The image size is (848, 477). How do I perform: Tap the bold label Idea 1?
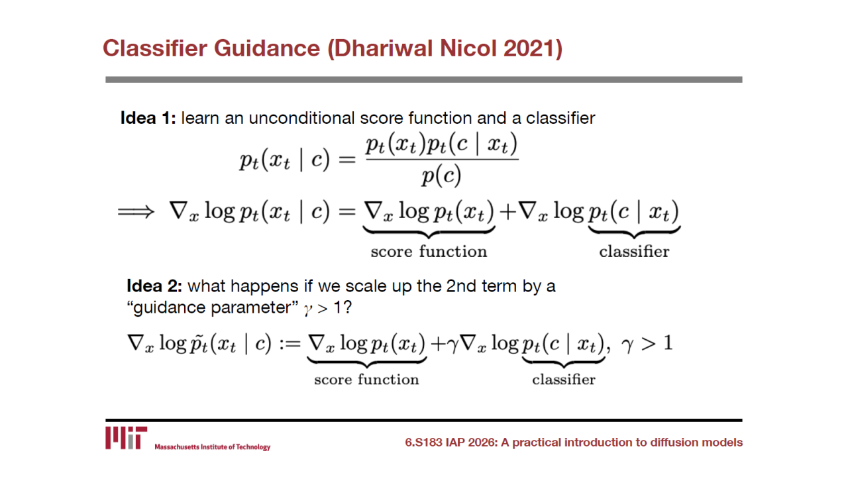[x=148, y=118]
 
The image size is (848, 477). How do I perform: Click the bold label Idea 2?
[x=154, y=286]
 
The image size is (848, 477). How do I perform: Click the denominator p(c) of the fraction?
[x=441, y=176]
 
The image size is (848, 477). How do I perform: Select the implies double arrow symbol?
[x=136, y=211]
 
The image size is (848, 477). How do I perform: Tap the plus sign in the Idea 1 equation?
[x=507, y=211]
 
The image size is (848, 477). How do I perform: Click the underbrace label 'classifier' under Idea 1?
[x=634, y=251]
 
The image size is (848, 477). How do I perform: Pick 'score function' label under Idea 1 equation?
[x=429, y=251]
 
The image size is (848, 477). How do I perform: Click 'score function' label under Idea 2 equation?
[x=366, y=380]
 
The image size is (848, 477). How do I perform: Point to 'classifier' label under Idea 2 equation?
[x=564, y=380]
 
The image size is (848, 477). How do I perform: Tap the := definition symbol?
[x=290, y=344]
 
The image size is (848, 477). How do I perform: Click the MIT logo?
[x=126, y=438]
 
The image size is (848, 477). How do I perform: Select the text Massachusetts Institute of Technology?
[x=213, y=447]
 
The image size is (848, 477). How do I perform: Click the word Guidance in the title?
[x=267, y=48]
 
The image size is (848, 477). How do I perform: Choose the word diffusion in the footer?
[x=674, y=442]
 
